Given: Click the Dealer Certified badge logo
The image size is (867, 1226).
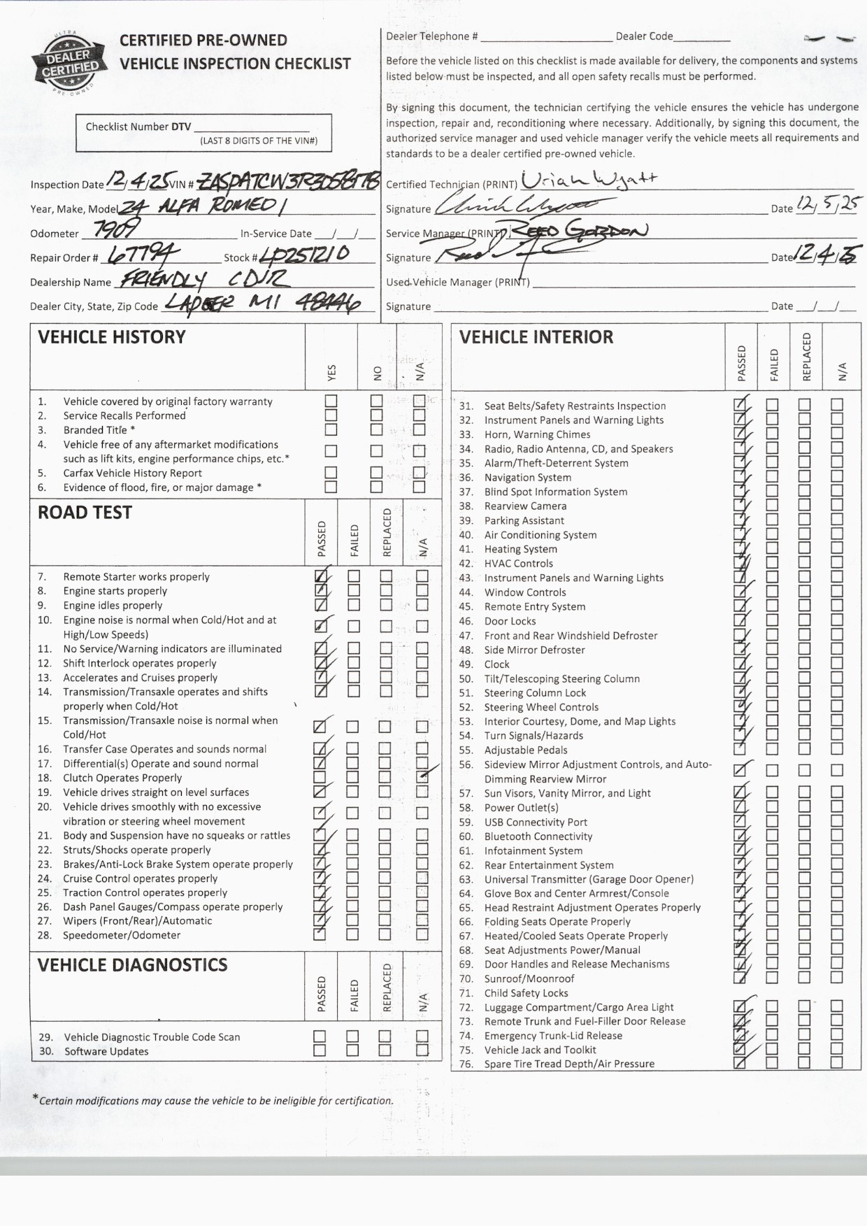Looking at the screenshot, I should [x=68, y=63].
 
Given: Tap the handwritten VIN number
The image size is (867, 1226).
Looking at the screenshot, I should [x=288, y=182].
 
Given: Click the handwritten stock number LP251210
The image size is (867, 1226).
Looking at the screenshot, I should [x=304, y=254].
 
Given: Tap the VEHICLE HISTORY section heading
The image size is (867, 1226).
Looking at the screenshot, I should [x=112, y=337].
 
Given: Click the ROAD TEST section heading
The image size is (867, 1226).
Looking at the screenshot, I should [x=85, y=513].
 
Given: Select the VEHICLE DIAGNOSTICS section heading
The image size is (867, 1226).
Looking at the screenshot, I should [x=132, y=965].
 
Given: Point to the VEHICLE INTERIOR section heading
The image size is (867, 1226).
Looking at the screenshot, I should [x=536, y=337].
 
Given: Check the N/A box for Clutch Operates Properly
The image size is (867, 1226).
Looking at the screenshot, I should [x=422, y=777].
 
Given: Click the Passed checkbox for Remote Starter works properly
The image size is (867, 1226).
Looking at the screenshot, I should [x=320, y=576].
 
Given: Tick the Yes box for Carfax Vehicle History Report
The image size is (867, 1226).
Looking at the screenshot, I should [x=331, y=473].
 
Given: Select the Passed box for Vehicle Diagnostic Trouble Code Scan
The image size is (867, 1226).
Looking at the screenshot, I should [x=320, y=1036].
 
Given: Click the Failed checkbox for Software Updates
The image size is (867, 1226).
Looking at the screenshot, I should [x=353, y=1050].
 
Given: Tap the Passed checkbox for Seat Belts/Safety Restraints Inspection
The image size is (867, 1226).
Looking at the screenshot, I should [x=740, y=405].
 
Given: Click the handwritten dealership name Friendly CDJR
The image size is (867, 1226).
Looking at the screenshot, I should [x=203, y=280].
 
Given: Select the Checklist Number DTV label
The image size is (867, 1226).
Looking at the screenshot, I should [x=138, y=127].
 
